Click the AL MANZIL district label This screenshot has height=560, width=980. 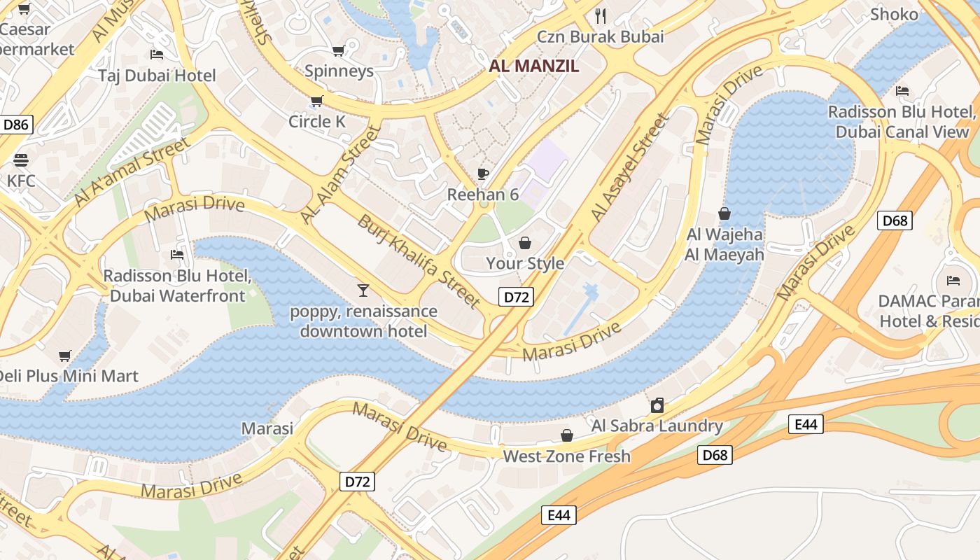click(534, 66)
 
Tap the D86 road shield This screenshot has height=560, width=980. click(16, 125)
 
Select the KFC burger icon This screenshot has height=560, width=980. click(20, 160)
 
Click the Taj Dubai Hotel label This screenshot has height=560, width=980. click(157, 76)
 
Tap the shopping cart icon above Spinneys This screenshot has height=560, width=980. click(339, 50)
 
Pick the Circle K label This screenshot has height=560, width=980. click(317, 122)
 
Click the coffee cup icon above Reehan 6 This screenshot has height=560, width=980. click(482, 174)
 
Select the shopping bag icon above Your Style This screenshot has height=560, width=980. click(525, 243)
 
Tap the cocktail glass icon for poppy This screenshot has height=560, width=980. click(363, 290)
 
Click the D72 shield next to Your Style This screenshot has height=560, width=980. click(517, 297)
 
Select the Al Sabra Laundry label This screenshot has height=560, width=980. click(657, 426)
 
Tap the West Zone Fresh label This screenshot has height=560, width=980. click(566, 456)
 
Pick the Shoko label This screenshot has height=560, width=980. click(894, 14)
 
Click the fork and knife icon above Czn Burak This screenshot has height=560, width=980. click(600, 15)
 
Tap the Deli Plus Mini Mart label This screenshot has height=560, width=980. click(67, 376)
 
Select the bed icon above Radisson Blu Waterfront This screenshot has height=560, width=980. click(177, 255)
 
